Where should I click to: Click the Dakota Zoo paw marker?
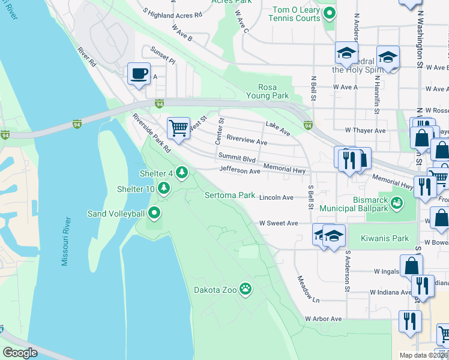(246, 289)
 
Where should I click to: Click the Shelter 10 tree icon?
(164, 189)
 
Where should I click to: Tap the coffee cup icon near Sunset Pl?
(139, 74)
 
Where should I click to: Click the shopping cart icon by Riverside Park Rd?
(178, 128)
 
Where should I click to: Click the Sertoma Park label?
(230, 196)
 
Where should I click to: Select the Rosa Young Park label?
(268, 91)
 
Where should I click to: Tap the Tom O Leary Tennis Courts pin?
(329, 12)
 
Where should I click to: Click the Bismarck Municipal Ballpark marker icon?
(397, 204)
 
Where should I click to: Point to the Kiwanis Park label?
(385, 238)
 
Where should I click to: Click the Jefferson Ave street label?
(240, 171)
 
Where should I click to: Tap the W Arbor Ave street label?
(323, 319)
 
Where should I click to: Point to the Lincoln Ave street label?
(280, 197)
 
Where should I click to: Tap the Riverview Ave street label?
(247, 142)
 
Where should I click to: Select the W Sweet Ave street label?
(279, 223)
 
